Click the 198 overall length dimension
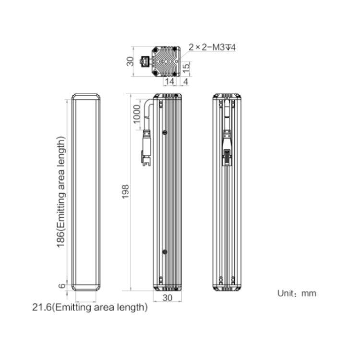click(x=125, y=192)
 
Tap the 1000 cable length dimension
click(x=137, y=114)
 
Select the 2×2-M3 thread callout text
click(x=212, y=48)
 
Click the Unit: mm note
click(x=297, y=293)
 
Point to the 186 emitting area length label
click(x=60, y=192)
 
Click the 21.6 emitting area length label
click(x=90, y=307)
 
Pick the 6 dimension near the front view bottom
click(x=62, y=286)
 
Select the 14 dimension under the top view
click(x=169, y=81)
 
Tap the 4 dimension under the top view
click(x=186, y=82)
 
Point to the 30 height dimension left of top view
click(x=130, y=61)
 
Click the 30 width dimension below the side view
click(x=167, y=298)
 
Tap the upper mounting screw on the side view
click(x=165, y=132)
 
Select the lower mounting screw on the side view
click(x=165, y=252)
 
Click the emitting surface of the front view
click(x=86, y=192)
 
